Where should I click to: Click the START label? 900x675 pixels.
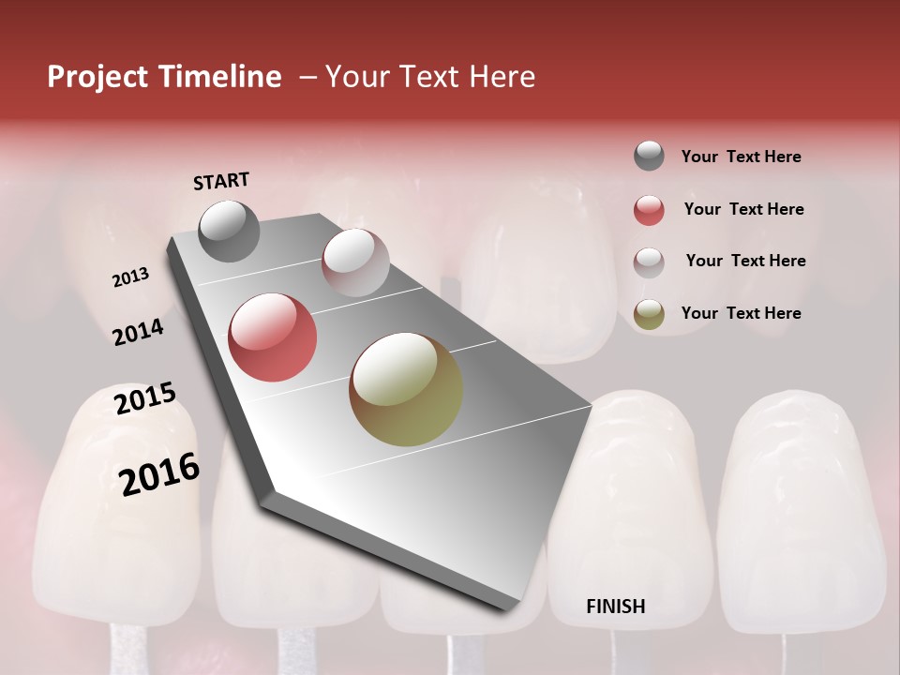pos(221,181)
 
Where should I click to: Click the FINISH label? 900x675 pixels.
pos(615,607)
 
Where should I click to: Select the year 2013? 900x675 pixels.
pos(131,277)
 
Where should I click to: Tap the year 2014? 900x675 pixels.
pos(138,332)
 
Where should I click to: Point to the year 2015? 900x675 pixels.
pos(145,398)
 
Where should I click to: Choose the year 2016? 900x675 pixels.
pos(159,474)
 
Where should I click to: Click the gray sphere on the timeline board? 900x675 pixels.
pos(229,231)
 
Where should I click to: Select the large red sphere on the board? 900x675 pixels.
pos(272,337)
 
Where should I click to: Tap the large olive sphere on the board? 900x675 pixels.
pos(405,389)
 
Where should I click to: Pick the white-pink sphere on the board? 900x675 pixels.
pos(354,262)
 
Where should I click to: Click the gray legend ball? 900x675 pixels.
pos(649,157)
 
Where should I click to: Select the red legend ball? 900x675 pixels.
pos(649,210)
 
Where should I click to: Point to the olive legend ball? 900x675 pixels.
pos(649,314)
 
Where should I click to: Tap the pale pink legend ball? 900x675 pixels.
pos(649,262)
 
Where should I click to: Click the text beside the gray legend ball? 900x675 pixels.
pos(741,157)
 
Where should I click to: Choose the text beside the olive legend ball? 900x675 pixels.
pos(741,313)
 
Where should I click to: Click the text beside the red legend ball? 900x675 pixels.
pos(743,209)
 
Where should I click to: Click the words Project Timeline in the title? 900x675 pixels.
pos(164,77)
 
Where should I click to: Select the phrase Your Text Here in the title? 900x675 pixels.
pos(430,77)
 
